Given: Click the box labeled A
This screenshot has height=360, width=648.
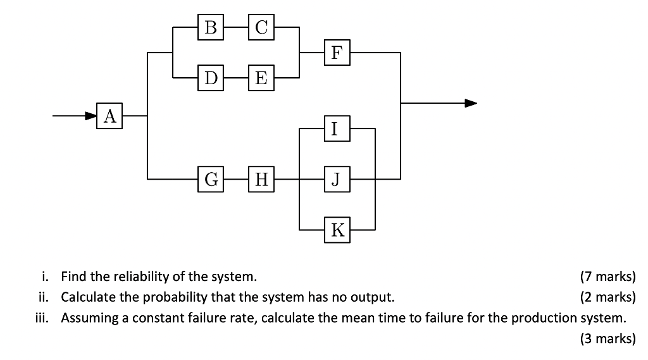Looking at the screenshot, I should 109,116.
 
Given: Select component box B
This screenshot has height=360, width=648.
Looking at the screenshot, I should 211,27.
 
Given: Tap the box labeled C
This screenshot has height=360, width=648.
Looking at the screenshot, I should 261,27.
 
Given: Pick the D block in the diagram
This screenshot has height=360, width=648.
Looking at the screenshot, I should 211,78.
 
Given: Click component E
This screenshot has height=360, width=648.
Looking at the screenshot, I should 261,78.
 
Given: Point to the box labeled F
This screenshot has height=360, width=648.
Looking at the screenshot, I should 337,53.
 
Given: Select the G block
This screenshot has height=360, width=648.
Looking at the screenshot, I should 211,179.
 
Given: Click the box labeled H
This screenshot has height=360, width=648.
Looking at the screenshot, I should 261,179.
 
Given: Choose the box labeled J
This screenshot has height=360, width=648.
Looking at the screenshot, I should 337,179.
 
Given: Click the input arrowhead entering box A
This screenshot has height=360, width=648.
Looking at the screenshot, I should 91,116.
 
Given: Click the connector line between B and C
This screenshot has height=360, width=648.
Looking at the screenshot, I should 236,27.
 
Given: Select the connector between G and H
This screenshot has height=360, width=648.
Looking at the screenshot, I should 236,179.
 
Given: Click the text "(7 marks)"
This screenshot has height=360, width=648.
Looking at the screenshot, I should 607,276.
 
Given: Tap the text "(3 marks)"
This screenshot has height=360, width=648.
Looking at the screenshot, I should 607,338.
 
